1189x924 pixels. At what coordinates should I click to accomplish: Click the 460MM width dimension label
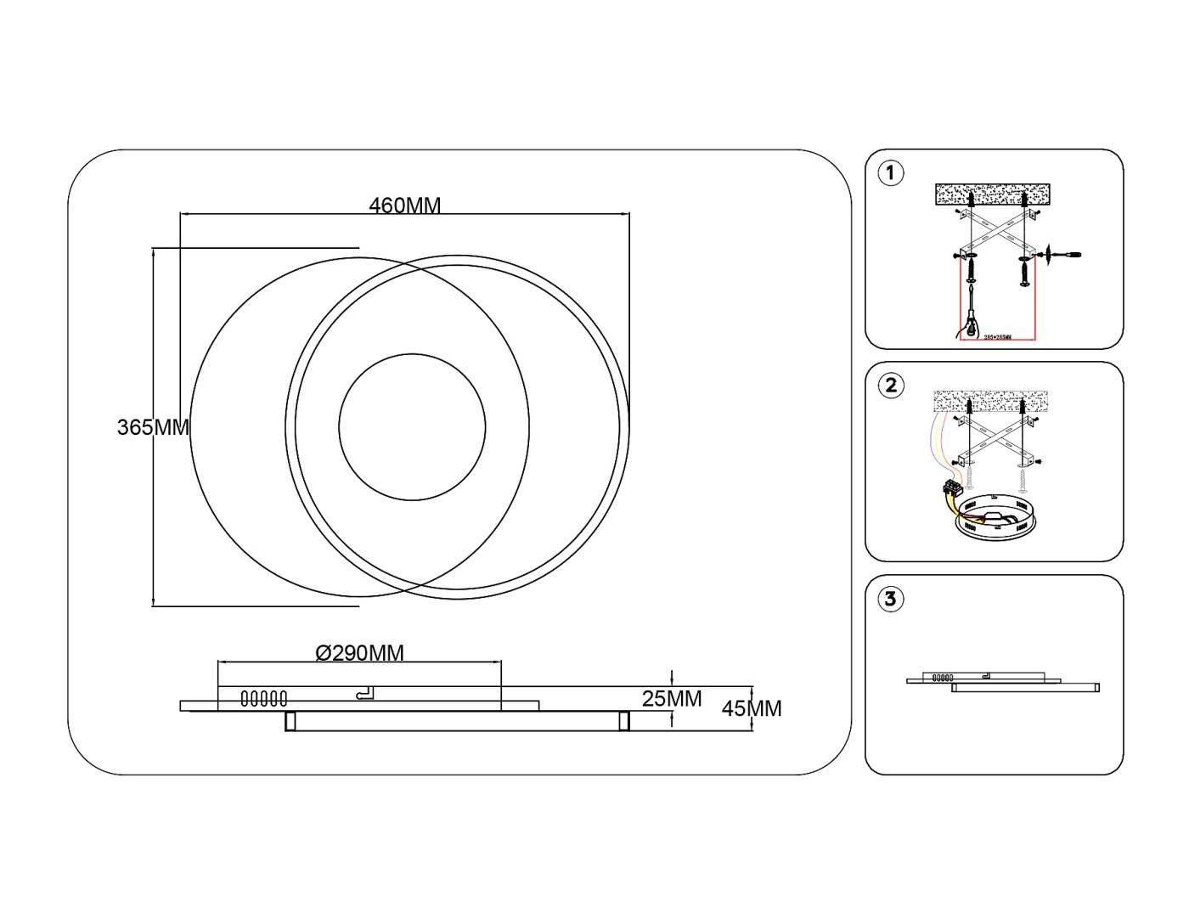click(x=405, y=206)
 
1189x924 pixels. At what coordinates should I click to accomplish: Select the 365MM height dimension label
click(x=153, y=427)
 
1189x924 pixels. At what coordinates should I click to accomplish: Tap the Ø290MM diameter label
click(x=359, y=653)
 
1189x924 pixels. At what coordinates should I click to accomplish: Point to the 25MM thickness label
click(x=672, y=699)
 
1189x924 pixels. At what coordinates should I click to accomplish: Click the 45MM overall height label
click(x=752, y=708)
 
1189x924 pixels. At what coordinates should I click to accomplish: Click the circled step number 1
click(x=890, y=173)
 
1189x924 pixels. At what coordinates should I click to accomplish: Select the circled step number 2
click(x=890, y=386)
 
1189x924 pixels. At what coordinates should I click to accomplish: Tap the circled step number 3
click(x=890, y=599)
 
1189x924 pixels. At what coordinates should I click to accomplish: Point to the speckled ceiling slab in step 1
click(x=991, y=195)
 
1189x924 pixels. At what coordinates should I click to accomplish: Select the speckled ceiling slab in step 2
click(x=990, y=402)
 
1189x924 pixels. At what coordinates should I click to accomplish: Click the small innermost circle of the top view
click(x=412, y=426)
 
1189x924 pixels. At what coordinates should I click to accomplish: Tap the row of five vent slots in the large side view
click(x=264, y=699)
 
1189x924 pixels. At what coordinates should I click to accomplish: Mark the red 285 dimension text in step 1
click(x=998, y=337)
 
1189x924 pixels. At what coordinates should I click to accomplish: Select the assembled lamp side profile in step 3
click(x=1002, y=682)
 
